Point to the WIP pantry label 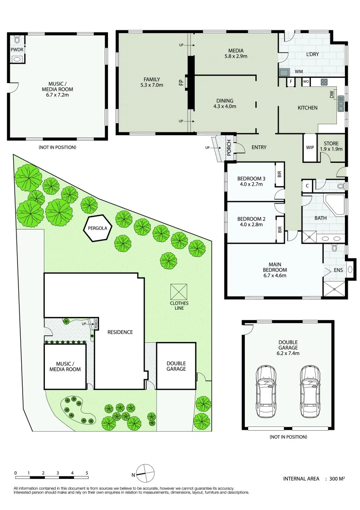click(x=310, y=147)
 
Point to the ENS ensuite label click(x=338, y=270)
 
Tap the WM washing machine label click(x=298, y=72)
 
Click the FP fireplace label click(x=181, y=82)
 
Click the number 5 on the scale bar click(x=87, y=472)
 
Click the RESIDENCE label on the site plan click(x=119, y=332)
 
